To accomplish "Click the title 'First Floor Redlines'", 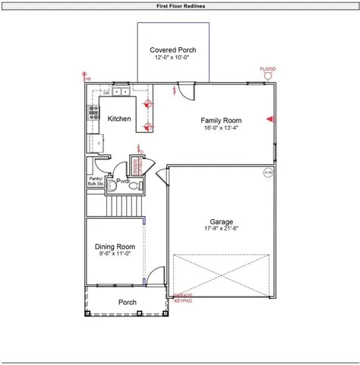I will pos(180,5).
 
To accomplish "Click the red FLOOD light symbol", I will pos(267,75).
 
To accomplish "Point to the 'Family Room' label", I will pos(221,120).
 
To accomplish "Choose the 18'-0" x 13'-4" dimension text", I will pos(221,129).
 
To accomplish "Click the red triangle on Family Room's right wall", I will pos(269,119).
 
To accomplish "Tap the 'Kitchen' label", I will pos(119,119).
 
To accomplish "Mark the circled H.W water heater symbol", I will pos(267,173).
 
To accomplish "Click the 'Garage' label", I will pos(221,221).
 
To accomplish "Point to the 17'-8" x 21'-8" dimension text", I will pos(221,229).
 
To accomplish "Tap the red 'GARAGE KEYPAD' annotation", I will pos(183,298).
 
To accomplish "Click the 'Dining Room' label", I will pos(115,246).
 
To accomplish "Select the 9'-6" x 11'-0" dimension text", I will pos(115,254).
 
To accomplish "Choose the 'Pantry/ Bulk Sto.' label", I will pos(96,181).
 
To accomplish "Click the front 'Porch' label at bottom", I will pos(128,303).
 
